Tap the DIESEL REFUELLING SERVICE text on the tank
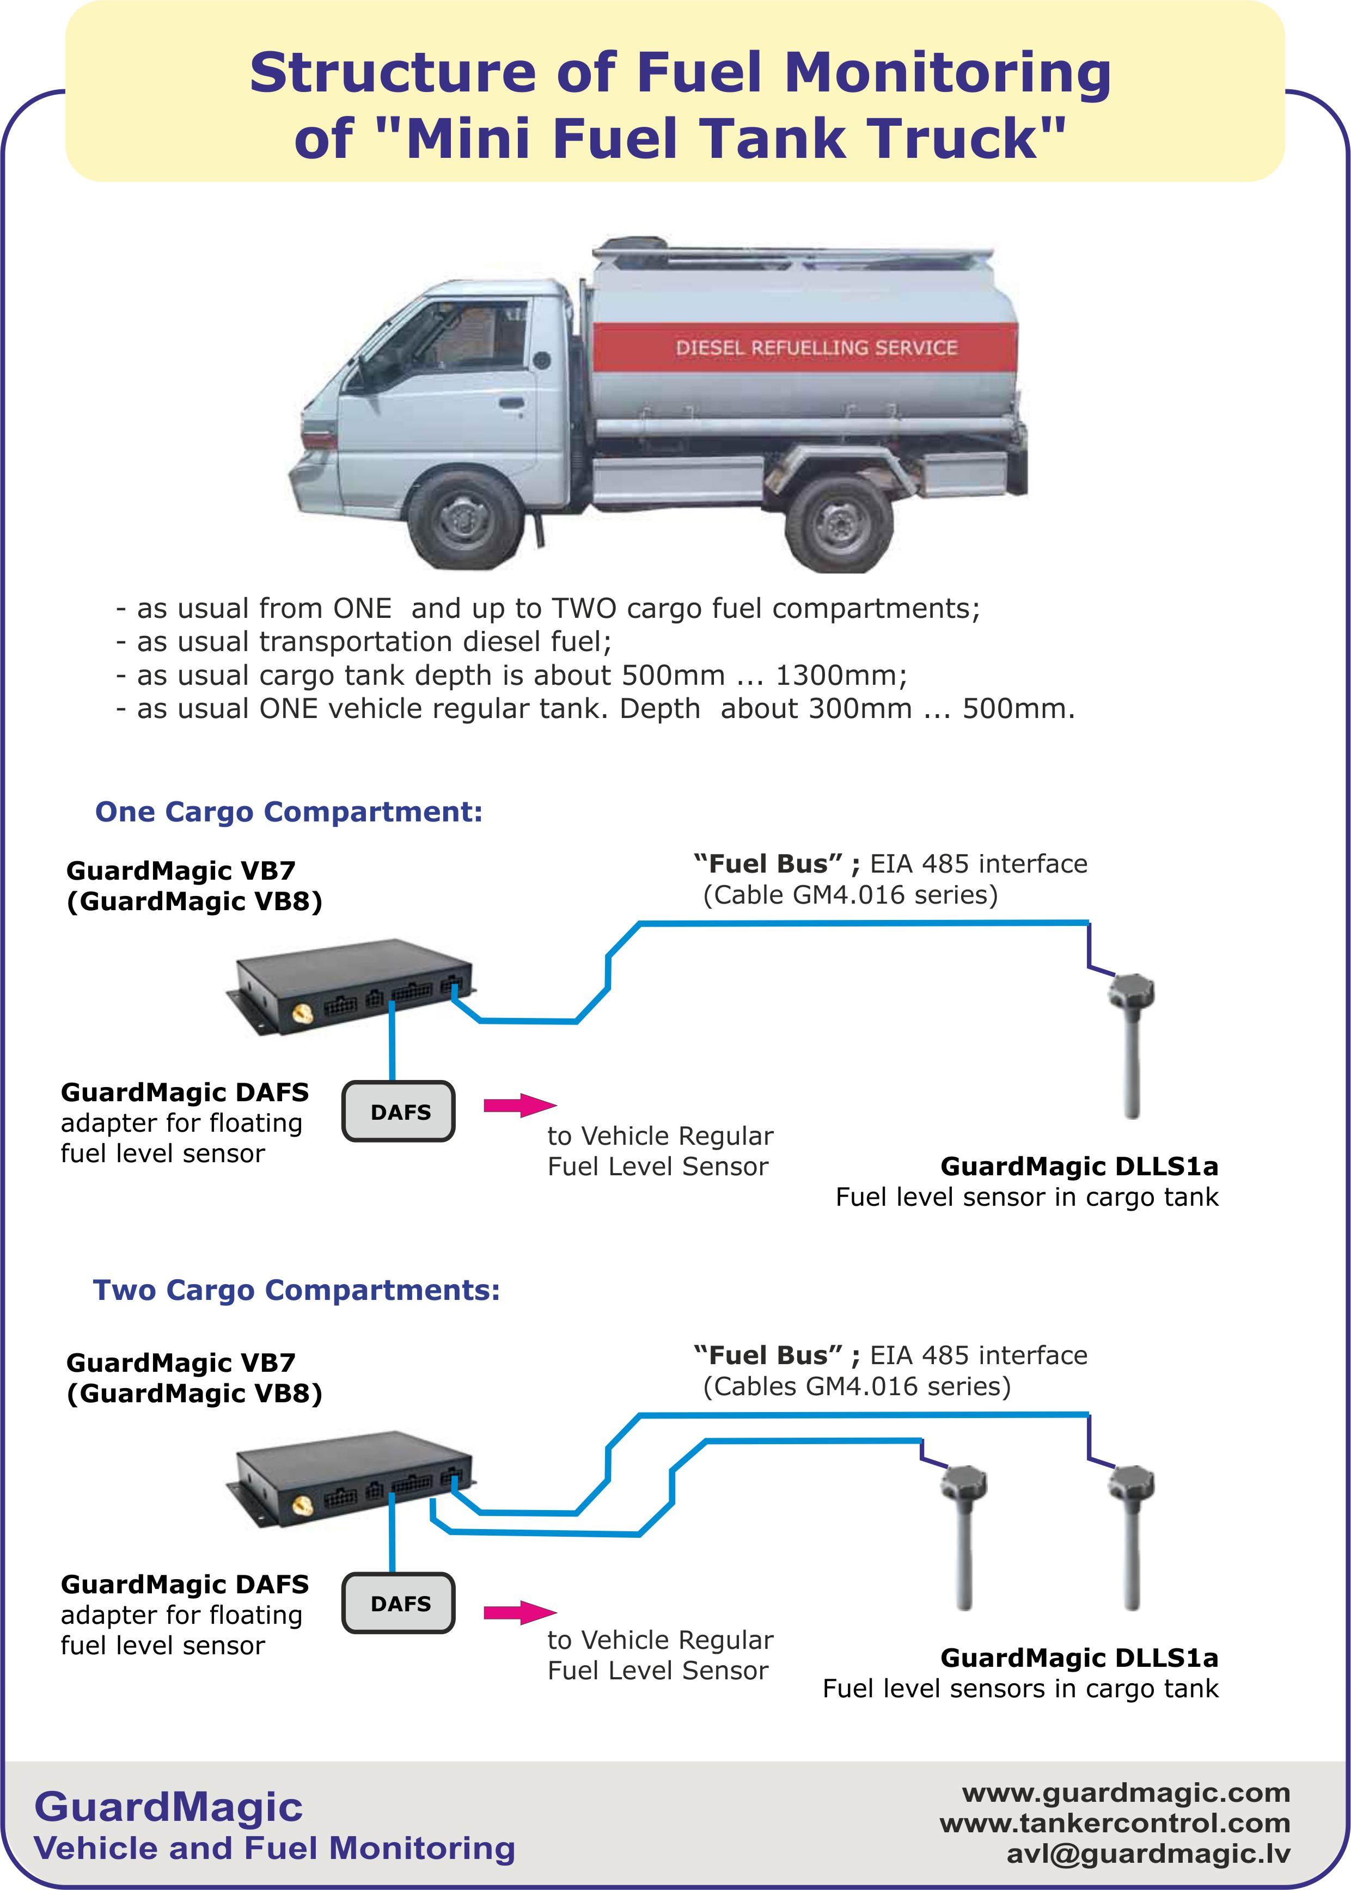816,347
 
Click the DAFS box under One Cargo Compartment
399,1111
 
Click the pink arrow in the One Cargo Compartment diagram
520,1105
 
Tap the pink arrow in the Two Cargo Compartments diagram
520,1612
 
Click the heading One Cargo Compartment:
289,812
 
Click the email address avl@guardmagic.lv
1148,1854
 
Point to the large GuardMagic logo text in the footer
168,1806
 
